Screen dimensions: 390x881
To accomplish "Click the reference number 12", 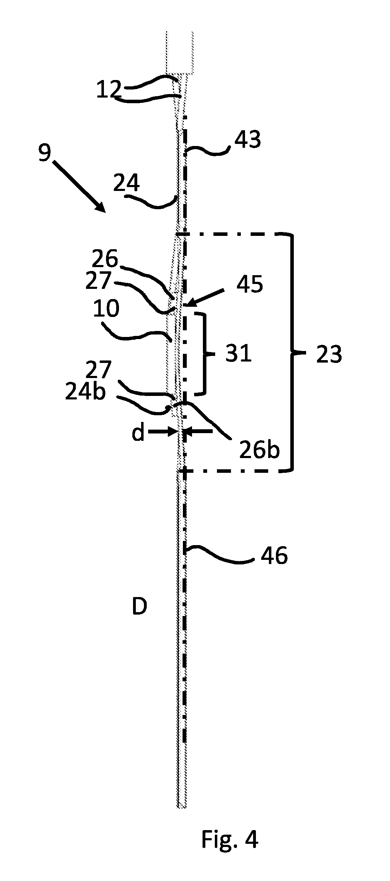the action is [109, 90].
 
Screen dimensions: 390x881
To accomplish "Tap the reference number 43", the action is [247, 139].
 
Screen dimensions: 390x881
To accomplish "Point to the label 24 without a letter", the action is [126, 183].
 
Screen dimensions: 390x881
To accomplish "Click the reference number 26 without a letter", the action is [105, 259].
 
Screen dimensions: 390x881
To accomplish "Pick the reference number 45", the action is [250, 284].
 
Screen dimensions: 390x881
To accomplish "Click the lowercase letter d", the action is [138, 433].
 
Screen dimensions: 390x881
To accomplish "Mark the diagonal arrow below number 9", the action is [79, 186].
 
